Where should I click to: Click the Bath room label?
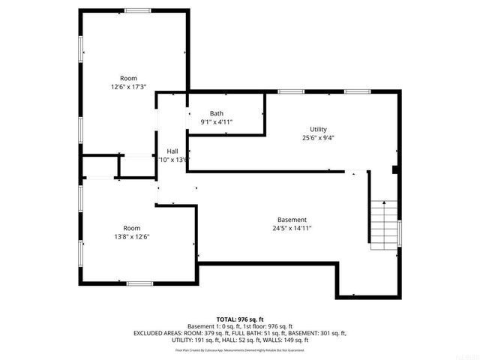(216, 113)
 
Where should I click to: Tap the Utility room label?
(318, 129)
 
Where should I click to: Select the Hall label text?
(172, 151)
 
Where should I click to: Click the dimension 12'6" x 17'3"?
(129, 87)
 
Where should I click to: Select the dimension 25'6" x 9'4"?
(318, 138)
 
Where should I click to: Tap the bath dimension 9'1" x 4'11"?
(216, 121)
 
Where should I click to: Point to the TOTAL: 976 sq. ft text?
(240, 319)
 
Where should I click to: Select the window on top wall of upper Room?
(137, 10)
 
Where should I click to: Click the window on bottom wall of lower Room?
(137, 283)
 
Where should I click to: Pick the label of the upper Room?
(129, 78)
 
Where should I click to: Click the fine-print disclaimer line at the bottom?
(240, 349)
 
